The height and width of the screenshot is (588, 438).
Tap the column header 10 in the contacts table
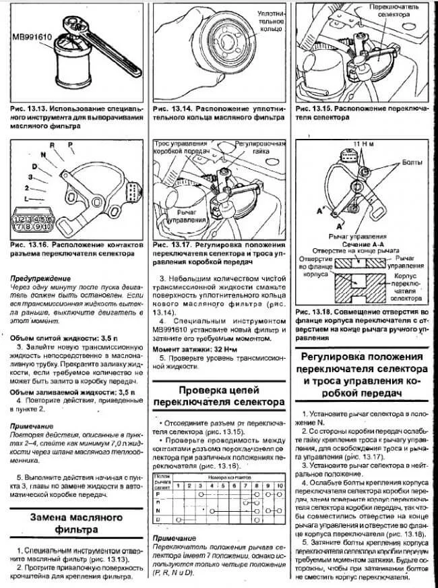pos(276,486)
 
